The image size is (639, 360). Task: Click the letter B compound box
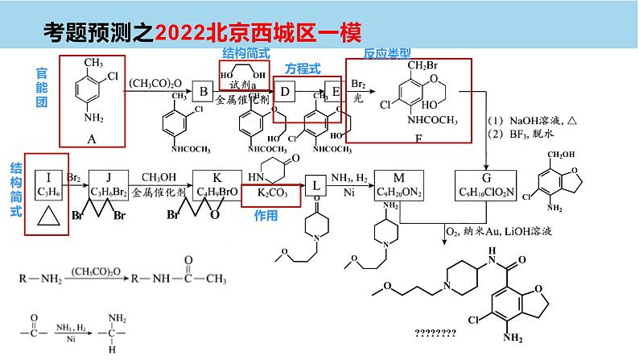click(x=204, y=93)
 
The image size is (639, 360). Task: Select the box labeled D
click(x=285, y=93)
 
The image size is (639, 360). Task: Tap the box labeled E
click(x=336, y=93)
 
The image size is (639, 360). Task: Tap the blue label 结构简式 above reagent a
click(x=245, y=52)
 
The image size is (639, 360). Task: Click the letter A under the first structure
click(x=92, y=139)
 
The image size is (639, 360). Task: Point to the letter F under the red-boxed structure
click(x=418, y=138)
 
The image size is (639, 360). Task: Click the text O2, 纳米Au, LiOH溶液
click(x=497, y=232)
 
